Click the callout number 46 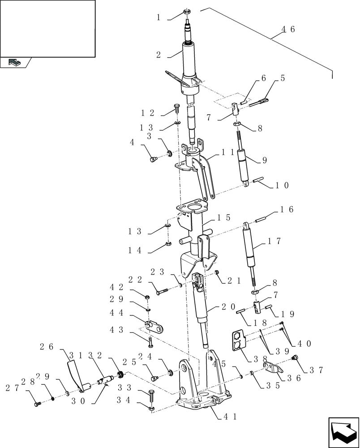click(x=288, y=30)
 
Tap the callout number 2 click(x=159, y=55)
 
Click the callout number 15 click(x=223, y=217)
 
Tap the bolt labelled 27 click(x=37, y=404)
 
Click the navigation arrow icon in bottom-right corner click(x=343, y=432)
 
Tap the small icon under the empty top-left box click(x=15, y=63)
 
